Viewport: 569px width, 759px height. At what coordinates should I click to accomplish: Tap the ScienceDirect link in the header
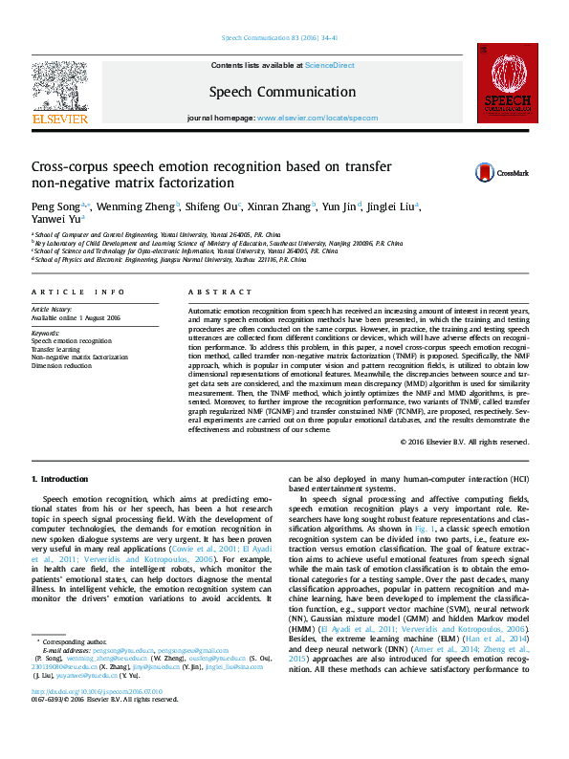point(329,65)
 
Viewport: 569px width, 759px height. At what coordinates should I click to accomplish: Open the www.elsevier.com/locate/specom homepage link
point(317,118)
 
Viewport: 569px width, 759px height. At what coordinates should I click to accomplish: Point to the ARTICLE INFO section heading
point(78,291)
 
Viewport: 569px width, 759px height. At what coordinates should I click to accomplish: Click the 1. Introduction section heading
point(60,478)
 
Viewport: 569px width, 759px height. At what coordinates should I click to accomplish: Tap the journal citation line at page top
point(279,38)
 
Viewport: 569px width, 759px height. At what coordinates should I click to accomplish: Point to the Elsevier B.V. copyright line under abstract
point(465,442)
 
